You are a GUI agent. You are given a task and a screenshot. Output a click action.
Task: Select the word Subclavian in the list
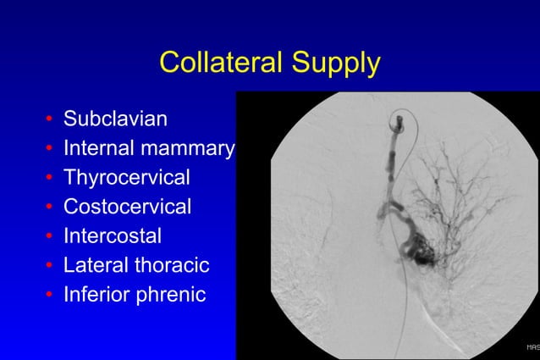coord(115,119)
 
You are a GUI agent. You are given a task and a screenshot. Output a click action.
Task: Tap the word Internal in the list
coord(94,148)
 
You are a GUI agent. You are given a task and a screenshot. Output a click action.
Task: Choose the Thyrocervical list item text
coord(127,178)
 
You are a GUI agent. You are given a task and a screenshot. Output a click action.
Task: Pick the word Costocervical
coord(128,207)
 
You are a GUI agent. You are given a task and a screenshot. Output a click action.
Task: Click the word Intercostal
coord(113,235)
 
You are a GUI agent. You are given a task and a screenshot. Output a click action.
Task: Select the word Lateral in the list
coord(89,265)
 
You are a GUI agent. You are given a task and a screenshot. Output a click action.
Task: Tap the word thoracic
coord(166,265)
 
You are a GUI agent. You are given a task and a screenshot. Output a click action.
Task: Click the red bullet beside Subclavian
coord(51,120)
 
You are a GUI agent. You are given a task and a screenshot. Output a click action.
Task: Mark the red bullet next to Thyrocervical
coord(51,179)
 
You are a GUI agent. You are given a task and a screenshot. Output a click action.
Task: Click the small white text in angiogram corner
coord(532,346)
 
